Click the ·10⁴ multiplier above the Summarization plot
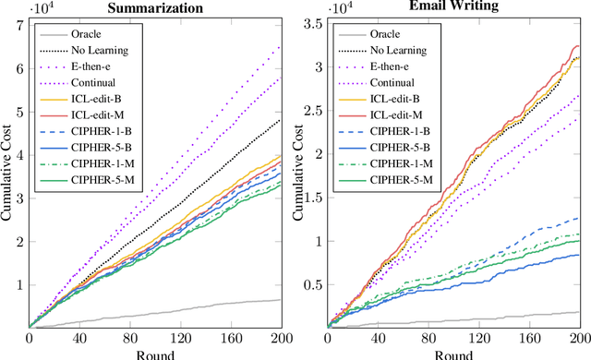pyautogui.click(x=40, y=7)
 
